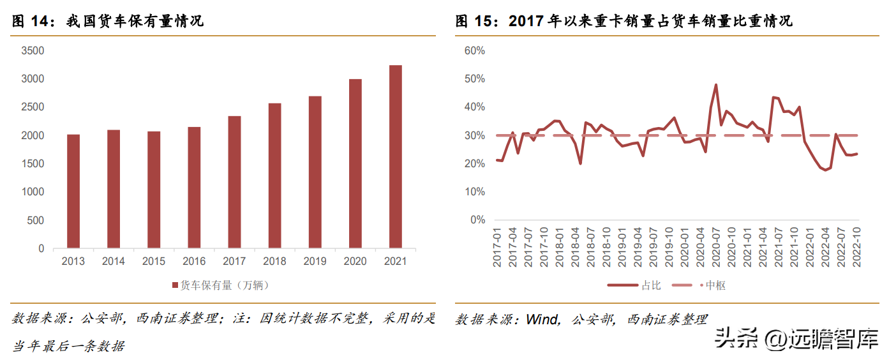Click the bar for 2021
click(396, 156)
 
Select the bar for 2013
click(73, 191)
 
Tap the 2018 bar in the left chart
click(274, 176)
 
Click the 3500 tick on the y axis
click(33, 51)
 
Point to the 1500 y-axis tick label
click(33, 164)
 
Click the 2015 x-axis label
click(154, 262)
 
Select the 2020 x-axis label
click(355, 262)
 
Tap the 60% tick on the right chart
click(475, 51)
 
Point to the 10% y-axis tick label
click(475, 192)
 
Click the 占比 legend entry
click(641, 285)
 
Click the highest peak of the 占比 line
click(716, 84)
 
